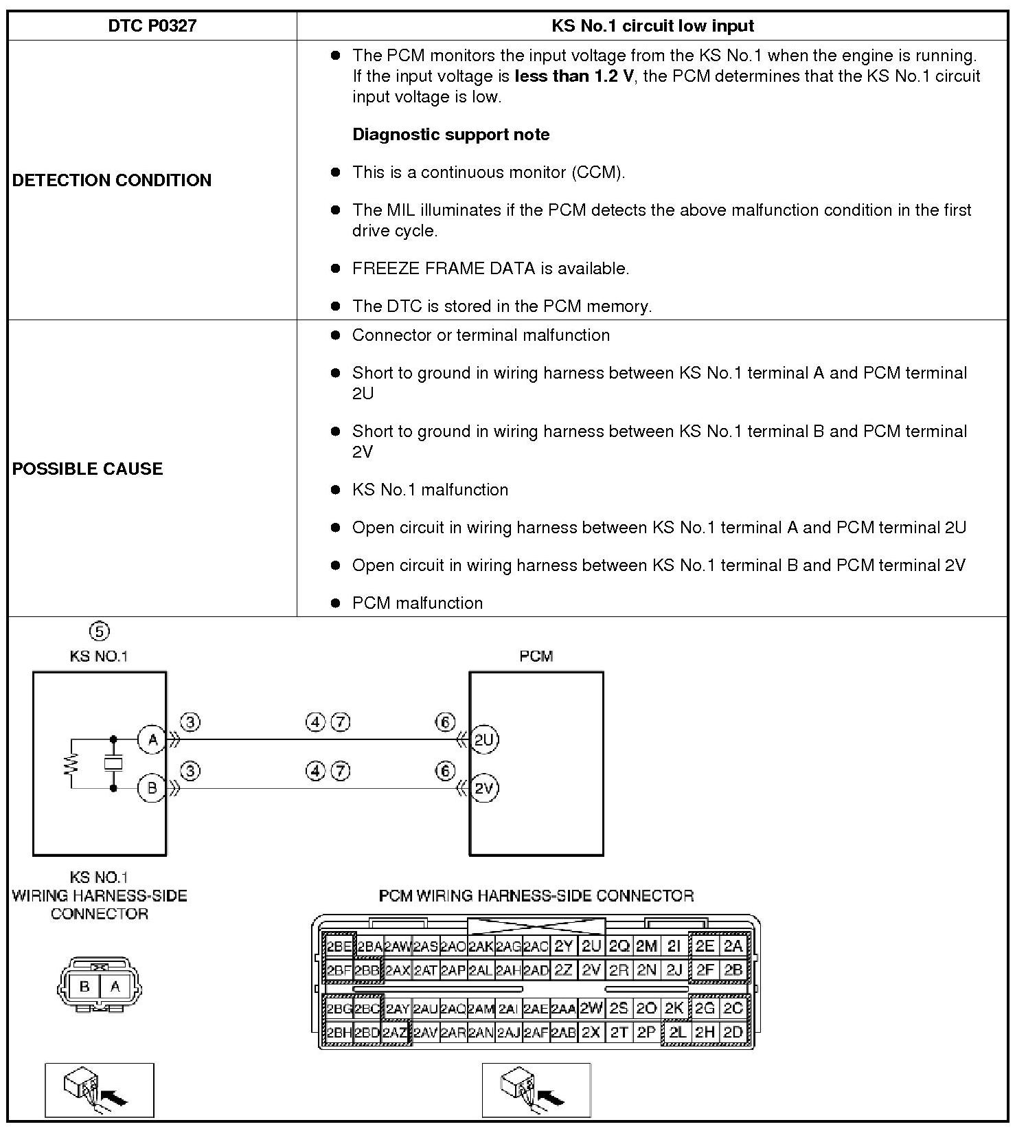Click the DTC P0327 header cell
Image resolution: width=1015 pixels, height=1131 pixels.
(x=152, y=26)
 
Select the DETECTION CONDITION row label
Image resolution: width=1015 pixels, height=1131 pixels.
(x=112, y=180)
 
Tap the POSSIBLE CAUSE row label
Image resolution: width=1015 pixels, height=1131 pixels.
(x=88, y=469)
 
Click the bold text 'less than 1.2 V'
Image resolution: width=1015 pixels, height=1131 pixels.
(x=574, y=76)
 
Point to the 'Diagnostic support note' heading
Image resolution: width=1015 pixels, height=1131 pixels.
(x=451, y=135)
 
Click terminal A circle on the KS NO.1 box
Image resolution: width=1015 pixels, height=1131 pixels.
(x=152, y=740)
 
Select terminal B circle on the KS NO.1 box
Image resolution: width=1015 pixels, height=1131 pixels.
(x=152, y=788)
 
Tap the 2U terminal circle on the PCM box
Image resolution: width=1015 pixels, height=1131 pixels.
(x=484, y=740)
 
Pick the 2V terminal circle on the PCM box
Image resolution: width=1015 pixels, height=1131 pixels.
(x=484, y=788)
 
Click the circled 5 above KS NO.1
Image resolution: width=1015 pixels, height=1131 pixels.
(x=100, y=631)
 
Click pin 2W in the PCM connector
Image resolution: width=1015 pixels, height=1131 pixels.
(x=591, y=1008)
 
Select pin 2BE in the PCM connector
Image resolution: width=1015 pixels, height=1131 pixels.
(x=339, y=946)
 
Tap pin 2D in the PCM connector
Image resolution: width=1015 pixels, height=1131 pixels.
(x=733, y=1032)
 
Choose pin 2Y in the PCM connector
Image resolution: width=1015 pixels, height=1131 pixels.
(x=564, y=946)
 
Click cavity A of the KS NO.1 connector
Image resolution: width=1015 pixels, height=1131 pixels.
(x=115, y=987)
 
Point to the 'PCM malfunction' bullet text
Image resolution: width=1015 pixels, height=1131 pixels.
(x=418, y=603)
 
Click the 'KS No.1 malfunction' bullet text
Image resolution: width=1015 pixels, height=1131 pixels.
(x=430, y=490)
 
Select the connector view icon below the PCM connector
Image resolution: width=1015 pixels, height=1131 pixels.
(x=536, y=1090)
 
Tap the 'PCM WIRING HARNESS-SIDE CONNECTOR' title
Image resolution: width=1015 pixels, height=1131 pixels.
(x=536, y=896)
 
